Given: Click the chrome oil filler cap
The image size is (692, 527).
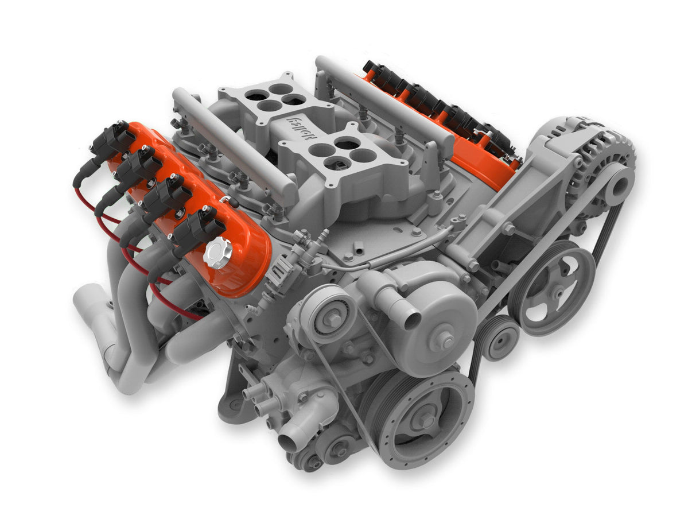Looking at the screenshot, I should [x=219, y=253].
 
